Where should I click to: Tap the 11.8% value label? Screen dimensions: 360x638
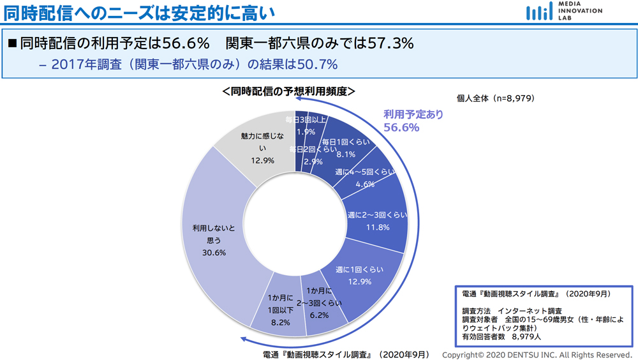point(377,227)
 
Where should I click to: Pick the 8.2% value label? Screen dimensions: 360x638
point(280,323)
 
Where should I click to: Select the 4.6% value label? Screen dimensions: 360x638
point(364,184)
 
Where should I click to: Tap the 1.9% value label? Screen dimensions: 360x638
point(306,131)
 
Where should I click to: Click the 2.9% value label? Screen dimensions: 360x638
point(313,161)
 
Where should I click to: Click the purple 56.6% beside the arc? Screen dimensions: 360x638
point(401,128)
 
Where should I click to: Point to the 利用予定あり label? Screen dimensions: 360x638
point(412,115)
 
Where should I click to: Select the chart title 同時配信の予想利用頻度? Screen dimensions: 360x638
point(289,92)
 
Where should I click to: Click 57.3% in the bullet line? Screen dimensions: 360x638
point(390,43)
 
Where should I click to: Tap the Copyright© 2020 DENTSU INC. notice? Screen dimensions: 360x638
point(537,354)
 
